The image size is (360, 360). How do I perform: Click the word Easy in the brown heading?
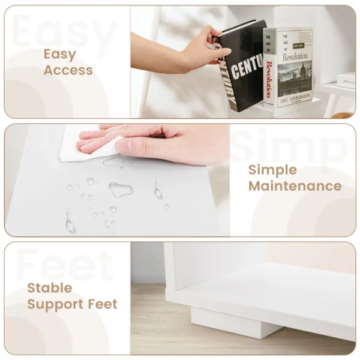pyautogui.click(x=59, y=55)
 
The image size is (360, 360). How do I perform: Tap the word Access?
pyautogui.click(x=68, y=70)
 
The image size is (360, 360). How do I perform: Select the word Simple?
pyautogui.click(x=272, y=170)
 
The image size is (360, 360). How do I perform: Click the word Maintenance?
pyautogui.click(x=295, y=186)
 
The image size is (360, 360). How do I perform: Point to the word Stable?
pyautogui.click(x=50, y=288)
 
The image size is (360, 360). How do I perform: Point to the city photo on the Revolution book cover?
pyautogui.click(x=296, y=82)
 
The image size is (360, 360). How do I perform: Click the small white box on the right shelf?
pyautogui.click(x=346, y=79)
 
